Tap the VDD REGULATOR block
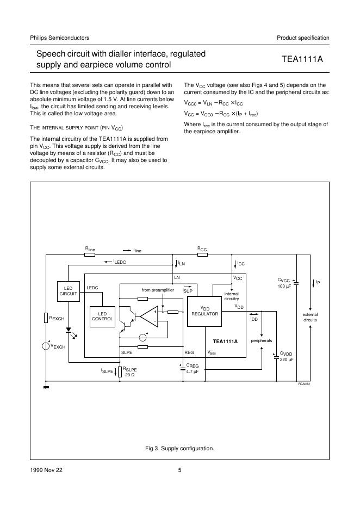[204, 312]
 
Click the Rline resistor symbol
[90, 254]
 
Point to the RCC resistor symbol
[202, 254]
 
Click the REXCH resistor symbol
[46, 319]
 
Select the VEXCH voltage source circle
[46, 346]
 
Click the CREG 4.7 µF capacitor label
[193, 369]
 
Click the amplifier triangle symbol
[148, 315]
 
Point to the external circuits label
[310, 317]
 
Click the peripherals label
[261, 341]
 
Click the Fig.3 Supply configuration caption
[179, 449]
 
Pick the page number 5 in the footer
[179, 471]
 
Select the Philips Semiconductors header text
[59, 38]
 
